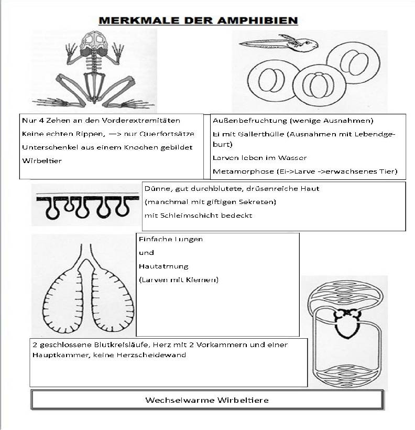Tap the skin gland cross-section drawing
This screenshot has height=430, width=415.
tap(82, 205)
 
